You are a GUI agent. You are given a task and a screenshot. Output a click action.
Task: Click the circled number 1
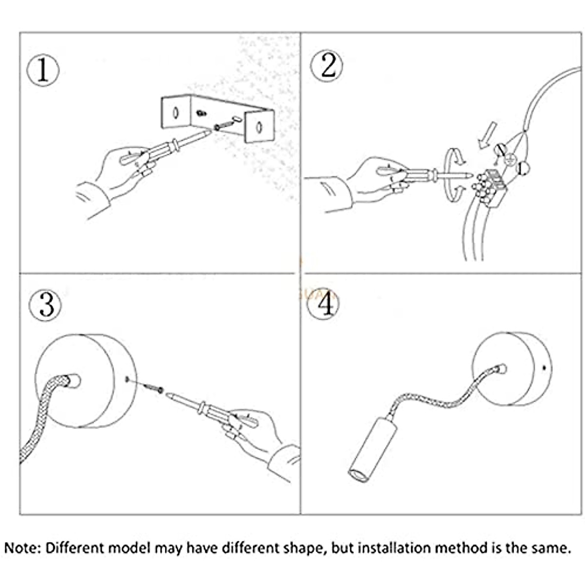pyautogui.click(x=43, y=70)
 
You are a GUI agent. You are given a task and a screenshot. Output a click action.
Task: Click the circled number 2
pyautogui.click(x=327, y=66)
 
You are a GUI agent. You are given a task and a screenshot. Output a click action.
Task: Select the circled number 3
pyautogui.click(x=45, y=306)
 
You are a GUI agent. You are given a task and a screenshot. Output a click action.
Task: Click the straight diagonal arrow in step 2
pyautogui.click(x=487, y=134)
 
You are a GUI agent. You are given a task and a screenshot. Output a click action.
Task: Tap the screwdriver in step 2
pyautogui.click(x=429, y=173)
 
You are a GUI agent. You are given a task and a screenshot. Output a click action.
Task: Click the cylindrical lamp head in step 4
pyautogui.click(x=373, y=448)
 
